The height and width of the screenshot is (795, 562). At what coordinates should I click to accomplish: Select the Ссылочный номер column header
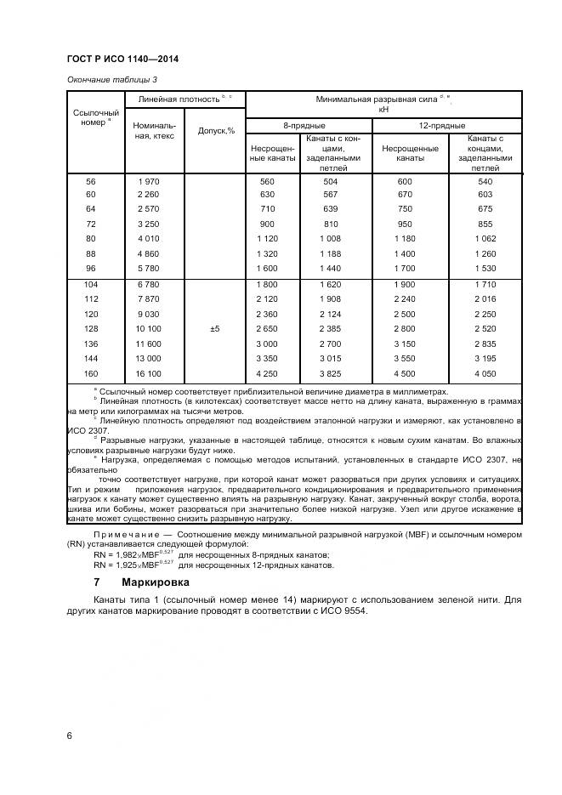click(x=96, y=116)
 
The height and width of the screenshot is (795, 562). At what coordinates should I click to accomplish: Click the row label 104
click(x=91, y=283)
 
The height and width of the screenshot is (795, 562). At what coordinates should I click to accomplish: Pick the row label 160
click(x=91, y=373)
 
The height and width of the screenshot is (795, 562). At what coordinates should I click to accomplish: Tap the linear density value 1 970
click(x=149, y=182)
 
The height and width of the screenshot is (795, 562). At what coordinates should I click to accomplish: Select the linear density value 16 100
click(x=149, y=373)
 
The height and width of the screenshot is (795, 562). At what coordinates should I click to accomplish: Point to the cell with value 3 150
click(x=405, y=344)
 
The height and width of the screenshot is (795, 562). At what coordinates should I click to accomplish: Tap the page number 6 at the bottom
click(x=70, y=735)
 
